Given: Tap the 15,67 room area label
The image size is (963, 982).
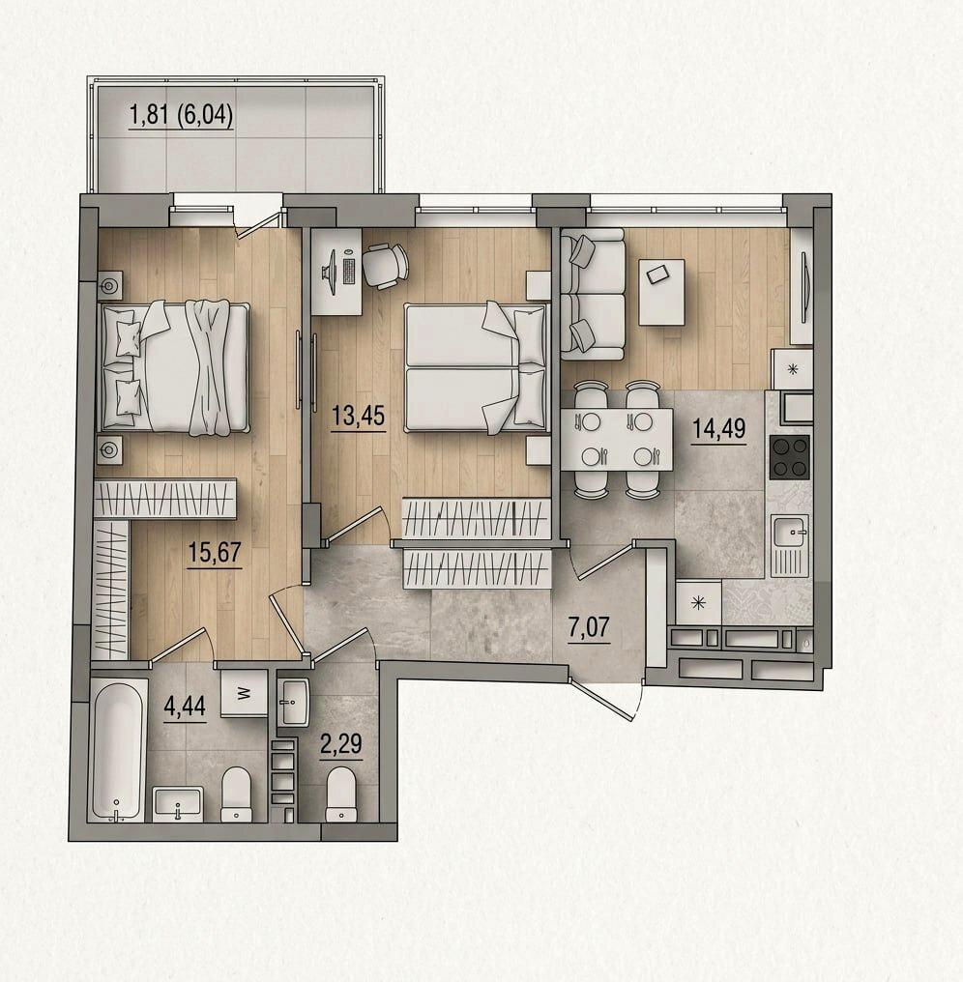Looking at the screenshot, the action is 215,553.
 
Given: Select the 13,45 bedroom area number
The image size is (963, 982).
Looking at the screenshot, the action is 358,415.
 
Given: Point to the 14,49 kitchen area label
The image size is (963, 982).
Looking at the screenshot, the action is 718,428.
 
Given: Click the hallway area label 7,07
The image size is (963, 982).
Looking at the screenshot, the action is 589,627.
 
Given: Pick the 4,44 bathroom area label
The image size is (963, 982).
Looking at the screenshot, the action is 185,708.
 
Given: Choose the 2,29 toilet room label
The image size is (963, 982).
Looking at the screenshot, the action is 341,744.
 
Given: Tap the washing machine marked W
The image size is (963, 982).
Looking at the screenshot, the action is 245,693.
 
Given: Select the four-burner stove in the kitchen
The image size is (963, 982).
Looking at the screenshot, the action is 790,456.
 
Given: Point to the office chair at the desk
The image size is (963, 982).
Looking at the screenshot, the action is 386,265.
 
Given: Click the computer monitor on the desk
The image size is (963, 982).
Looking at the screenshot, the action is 331,271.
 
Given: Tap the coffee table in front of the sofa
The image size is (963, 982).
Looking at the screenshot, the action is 661,292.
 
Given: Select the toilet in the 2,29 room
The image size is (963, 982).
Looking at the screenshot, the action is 341,794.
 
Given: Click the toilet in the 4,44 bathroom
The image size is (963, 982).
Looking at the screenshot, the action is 236,794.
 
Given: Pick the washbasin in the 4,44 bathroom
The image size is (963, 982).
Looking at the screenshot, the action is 178,804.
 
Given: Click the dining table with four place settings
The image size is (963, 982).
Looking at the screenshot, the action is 617,439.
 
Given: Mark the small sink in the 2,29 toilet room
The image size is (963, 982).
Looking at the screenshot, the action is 293,703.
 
